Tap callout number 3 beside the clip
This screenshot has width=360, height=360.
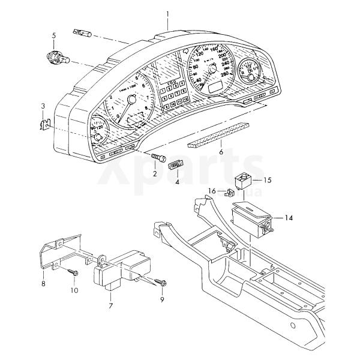pyautogui.click(x=43, y=106)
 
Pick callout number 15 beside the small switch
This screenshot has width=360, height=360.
pyautogui.click(x=268, y=179)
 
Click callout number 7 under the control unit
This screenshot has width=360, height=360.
pyautogui.click(x=110, y=306)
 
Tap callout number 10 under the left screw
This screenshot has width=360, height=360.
pyautogui.click(x=74, y=290)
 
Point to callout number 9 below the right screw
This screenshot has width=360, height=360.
pyautogui.click(x=161, y=299)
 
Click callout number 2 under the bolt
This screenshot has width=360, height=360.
pyautogui.click(x=154, y=174)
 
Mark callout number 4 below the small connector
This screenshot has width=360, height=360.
pyautogui.click(x=177, y=181)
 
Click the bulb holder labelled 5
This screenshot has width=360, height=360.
pyautogui.click(x=58, y=58)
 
